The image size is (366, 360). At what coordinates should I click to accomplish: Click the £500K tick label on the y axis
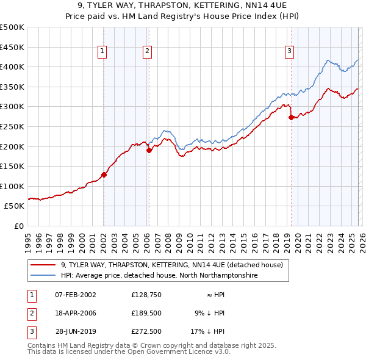[12, 27]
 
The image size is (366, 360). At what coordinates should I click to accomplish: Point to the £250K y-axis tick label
[12, 126]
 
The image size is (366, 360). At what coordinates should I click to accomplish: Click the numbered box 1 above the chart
[102, 52]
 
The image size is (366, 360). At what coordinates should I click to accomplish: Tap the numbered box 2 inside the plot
[148, 52]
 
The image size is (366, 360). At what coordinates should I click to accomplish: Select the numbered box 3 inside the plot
[289, 52]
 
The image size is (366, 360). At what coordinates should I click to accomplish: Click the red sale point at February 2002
[104, 175]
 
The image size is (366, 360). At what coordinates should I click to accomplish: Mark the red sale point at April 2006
[149, 151]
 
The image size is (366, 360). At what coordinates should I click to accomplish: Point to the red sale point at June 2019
[291, 118]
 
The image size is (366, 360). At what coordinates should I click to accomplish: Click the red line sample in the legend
[43, 265]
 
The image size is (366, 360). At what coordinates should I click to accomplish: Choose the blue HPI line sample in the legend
[43, 276]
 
